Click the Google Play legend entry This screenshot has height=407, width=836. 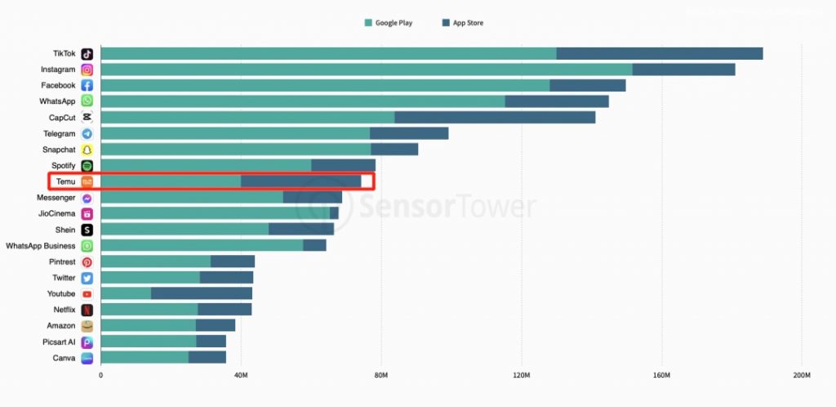tap(389, 23)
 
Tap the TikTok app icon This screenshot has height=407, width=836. tap(87, 54)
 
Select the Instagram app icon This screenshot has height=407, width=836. tap(87, 69)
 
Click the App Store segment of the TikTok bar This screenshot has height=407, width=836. tap(660, 54)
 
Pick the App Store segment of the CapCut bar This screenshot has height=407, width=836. tap(495, 118)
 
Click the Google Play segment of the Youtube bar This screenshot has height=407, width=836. tap(126, 293)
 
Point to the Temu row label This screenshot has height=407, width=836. tap(65, 181)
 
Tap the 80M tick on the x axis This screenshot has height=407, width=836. tap(381, 375)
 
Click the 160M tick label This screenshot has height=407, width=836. tap(661, 375)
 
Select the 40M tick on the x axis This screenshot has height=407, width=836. tap(241, 375)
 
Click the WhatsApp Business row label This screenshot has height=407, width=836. tap(40, 245)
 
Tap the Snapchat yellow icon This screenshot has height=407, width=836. tap(87, 150)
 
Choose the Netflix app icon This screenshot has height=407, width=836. tap(87, 310)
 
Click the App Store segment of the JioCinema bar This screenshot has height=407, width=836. tap(334, 213)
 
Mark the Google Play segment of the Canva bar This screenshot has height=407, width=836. tap(145, 357)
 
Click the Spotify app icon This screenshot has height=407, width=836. tap(87, 166)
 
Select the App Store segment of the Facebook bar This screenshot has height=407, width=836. tap(588, 86)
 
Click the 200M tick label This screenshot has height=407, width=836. tap(802, 375)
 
